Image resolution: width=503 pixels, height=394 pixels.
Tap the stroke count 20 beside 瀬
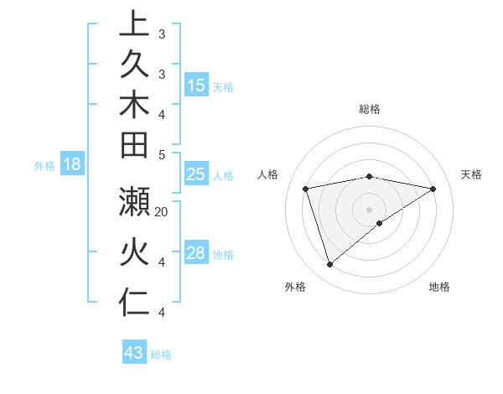[162, 212]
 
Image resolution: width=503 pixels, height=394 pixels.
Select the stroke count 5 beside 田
[162, 154]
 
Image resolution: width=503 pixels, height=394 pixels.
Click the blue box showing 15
[196, 86]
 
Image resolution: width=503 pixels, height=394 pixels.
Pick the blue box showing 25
[196, 175]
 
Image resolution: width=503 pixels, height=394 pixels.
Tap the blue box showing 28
[196, 254]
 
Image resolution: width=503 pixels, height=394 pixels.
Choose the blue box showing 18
[72, 165]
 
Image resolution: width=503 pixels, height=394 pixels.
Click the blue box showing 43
[134, 353]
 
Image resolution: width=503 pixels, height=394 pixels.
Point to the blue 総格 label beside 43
[161, 355]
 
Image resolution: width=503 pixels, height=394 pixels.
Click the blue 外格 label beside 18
[44, 166]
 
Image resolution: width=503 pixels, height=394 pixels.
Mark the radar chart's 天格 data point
[433, 189]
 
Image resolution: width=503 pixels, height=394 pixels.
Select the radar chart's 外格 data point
[329, 265]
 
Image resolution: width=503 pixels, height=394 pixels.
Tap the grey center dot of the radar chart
[370, 210]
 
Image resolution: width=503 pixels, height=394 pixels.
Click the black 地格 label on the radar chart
[439, 287]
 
